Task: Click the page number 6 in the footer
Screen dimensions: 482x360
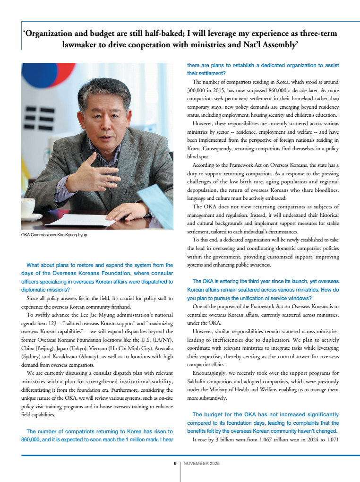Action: tap(175, 464)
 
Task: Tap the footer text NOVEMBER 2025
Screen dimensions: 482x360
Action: tap(202, 464)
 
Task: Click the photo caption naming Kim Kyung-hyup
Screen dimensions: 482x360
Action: tap(54, 235)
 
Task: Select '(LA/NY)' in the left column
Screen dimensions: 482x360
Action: tap(161, 340)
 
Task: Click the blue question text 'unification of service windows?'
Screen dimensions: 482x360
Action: tap(265, 298)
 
